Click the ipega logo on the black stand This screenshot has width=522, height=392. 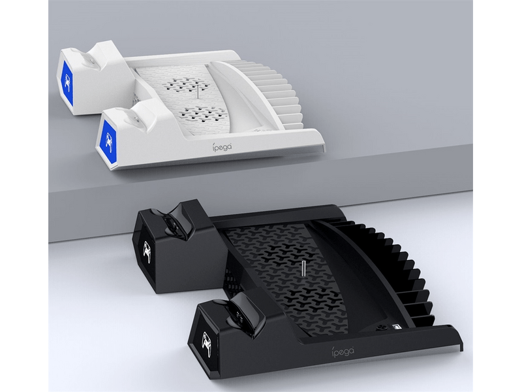tap(343, 350)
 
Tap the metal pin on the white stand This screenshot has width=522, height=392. tap(198, 91)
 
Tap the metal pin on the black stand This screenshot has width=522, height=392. tap(303, 272)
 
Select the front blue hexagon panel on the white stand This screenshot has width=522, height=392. tap(108, 139)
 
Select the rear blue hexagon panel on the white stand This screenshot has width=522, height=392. tap(67, 80)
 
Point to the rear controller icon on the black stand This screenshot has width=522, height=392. tap(146, 250)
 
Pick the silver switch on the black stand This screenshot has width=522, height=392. tap(396, 328)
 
